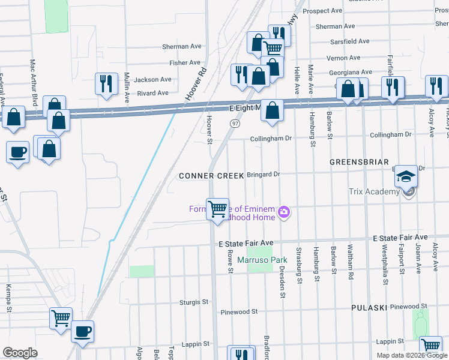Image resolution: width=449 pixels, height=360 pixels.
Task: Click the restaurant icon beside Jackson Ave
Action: pos(106,83)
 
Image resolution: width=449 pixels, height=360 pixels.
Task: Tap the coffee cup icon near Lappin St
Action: pos(82,331)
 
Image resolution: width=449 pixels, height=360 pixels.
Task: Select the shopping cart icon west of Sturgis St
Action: pos(61,318)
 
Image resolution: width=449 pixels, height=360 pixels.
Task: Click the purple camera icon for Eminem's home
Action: pos(284,211)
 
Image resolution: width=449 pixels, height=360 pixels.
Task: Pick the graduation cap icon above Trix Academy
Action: pos(406,175)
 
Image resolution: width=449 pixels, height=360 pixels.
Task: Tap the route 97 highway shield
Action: pos(235,123)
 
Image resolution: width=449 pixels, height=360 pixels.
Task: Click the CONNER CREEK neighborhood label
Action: pos(211,176)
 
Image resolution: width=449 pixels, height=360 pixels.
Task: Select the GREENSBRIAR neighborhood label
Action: pos(358,163)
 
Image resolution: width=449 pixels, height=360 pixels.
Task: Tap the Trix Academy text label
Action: pos(374,192)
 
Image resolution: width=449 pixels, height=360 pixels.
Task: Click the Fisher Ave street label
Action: pos(184,62)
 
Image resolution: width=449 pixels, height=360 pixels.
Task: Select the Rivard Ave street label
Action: pos(152,93)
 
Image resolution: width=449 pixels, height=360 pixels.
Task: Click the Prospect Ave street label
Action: pos(322,11)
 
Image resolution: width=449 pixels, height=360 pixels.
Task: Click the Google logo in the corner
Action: pos(20,353)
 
